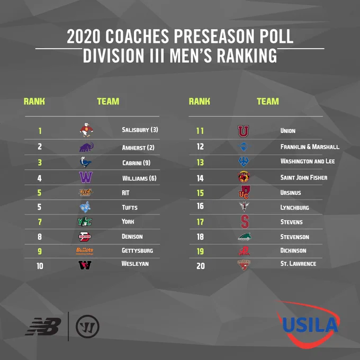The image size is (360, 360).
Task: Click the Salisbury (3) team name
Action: click(140, 130)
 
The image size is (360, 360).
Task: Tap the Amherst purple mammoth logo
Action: click(86, 147)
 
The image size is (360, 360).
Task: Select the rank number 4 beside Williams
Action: click(40, 178)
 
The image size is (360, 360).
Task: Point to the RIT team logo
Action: click(86, 192)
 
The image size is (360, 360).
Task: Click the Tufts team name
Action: click(130, 208)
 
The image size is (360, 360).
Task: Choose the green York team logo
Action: click(85, 221)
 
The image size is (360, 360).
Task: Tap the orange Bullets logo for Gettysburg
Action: click(85, 251)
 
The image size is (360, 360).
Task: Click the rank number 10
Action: click(40, 266)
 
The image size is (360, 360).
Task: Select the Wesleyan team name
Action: click(135, 264)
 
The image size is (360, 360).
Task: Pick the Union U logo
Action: click(244, 131)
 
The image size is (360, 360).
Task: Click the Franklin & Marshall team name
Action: click(310, 147)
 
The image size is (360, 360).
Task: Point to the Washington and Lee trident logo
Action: click(244, 161)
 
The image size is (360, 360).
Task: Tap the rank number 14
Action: click(200, 178)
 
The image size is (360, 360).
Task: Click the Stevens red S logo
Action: click(245, 221)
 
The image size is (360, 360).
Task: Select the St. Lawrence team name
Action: click(298, 264)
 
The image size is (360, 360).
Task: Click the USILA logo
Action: click(309, 324)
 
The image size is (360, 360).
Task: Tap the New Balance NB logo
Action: click(43, 326)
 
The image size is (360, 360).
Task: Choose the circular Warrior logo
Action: click(87, 327)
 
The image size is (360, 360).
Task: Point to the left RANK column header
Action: click(34, 101)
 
